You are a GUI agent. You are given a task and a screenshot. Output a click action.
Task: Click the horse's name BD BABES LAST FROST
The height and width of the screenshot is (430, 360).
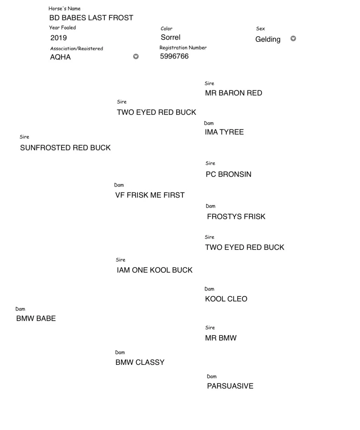coord(91,18)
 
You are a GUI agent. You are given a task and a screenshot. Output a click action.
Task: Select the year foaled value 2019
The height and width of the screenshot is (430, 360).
coord(58,38)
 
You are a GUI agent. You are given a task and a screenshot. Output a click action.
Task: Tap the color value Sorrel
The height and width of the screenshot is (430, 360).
coord(170,37)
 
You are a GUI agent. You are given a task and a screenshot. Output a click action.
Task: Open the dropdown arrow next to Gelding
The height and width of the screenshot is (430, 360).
coord(293,38)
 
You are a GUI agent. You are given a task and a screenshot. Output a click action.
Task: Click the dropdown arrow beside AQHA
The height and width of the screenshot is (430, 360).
coord(136,56)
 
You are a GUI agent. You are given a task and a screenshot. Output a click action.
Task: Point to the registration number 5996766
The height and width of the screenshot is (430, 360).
coord(174,56)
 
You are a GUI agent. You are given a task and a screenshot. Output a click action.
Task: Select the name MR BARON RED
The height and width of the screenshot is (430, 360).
coord(233,93)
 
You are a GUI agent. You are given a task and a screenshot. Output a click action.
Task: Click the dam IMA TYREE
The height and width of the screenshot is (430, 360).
coord(224,132)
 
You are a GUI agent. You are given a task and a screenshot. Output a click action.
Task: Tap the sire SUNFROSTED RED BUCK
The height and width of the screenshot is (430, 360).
coord(65,148)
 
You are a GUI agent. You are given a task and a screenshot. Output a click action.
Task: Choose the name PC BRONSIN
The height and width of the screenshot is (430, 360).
coord(228,174)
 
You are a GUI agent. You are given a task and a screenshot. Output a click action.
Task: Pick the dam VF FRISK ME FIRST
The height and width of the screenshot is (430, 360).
coord(150,195)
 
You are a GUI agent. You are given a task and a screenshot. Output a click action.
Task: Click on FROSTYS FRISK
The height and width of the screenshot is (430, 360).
coord(236,217)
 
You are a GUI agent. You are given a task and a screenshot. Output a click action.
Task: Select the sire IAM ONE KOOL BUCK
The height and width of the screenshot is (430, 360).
coord(155,270)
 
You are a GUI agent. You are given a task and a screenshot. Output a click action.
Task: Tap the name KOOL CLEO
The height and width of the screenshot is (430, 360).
coord(226,299)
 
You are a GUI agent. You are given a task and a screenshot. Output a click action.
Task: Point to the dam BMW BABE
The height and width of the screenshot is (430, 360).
coord(36,318)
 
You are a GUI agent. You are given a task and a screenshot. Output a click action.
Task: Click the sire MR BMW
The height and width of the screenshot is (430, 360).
coord(221,338)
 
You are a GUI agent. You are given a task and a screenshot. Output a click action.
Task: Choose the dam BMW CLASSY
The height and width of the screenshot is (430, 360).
coord(140,362)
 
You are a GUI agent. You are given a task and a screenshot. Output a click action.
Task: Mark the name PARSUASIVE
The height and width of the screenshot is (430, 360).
coord(230,386)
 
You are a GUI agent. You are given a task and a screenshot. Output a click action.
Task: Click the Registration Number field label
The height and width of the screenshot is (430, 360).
coord(183,48)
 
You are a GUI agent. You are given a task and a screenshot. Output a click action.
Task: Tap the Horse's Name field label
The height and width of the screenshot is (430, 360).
coord(64,9)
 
